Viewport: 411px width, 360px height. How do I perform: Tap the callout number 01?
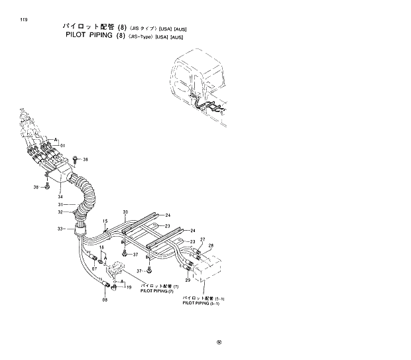[x=63, y=145]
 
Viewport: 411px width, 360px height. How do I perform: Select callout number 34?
[x=60, y=196]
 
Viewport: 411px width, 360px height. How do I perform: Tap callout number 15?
[x=105, y=221]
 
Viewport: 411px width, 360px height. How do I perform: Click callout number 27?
[x=202, y=239]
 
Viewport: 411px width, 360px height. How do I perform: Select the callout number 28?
[x=211, y=246]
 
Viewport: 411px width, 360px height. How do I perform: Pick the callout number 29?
[x=188, y=280]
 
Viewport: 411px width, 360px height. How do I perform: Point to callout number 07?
[x=95, y=269]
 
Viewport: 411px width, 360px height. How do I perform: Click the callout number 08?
[x=105, y=300]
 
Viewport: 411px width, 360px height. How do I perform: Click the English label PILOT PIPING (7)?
[x=156, y=291]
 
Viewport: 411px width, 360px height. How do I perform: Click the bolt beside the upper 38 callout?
[x=76, y=160]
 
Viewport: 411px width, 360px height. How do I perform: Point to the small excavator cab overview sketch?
[x=199, y=90]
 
